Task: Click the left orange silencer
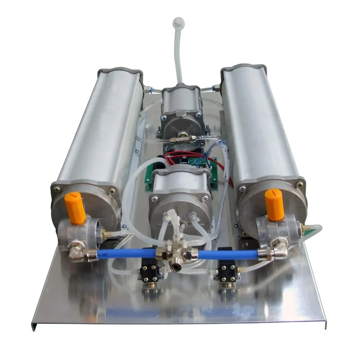(75, 208)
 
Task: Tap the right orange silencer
(274, 204)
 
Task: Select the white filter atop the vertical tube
(178, 23)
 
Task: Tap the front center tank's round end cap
(180, 212)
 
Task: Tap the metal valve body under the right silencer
(277, 230)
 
